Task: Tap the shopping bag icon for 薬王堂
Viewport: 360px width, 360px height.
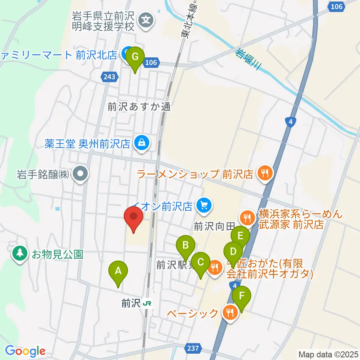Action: tap(142, 143)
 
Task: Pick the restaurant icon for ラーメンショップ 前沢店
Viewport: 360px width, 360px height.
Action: tap(265, 173)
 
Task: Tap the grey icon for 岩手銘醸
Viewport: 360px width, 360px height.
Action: tap(81, 174)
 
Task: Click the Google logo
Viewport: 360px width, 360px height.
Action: tap(25, 351)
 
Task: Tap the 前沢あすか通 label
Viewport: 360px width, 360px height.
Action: tap(139, 107)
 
